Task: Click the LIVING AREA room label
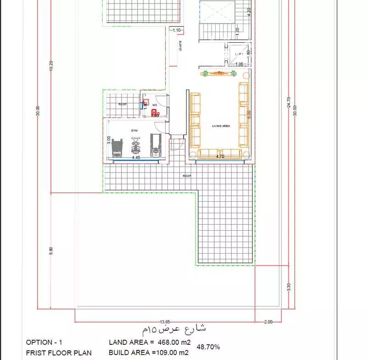pos(221,125)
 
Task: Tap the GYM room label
pos(134,131)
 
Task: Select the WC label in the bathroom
pos(155,105)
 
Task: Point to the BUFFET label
pos(180,46)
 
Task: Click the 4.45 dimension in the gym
pos(136,157)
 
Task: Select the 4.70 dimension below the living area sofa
pos(220,156)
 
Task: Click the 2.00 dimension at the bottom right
pos(268,322)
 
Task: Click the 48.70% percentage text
pos(208,347)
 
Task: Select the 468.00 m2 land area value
pos(169,342)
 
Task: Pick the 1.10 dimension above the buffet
pos(177,30)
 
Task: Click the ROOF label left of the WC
pos(122,104)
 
